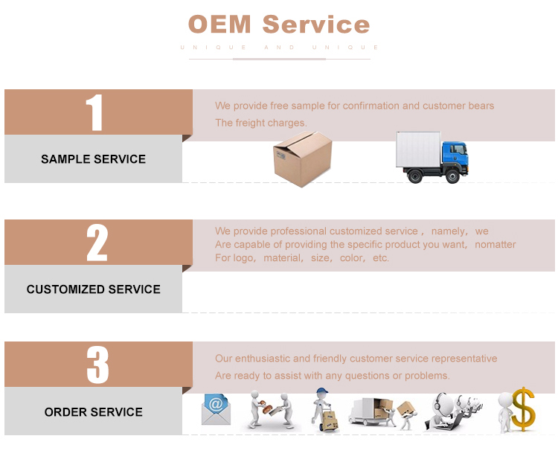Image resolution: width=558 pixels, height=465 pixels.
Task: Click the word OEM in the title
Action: point(220,24)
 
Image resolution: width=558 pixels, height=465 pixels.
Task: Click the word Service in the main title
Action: point(315,24)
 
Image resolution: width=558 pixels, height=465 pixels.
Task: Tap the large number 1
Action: point(94,113)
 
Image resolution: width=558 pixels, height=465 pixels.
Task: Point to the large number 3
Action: point(97,365)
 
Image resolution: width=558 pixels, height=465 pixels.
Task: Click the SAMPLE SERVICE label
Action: point(93,159)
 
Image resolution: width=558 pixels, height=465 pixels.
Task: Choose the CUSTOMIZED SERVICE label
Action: point(93,289)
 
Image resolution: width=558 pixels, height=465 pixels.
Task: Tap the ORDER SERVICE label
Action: point(93,412)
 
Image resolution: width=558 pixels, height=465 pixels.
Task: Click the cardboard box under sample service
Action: point(302,158)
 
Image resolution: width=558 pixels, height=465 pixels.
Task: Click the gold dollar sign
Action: point(524,408)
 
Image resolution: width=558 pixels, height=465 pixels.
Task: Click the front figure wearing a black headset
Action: point(441,409)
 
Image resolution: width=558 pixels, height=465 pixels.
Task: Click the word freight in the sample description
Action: point(256,123)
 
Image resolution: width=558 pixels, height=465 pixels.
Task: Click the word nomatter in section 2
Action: point(495,245)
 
